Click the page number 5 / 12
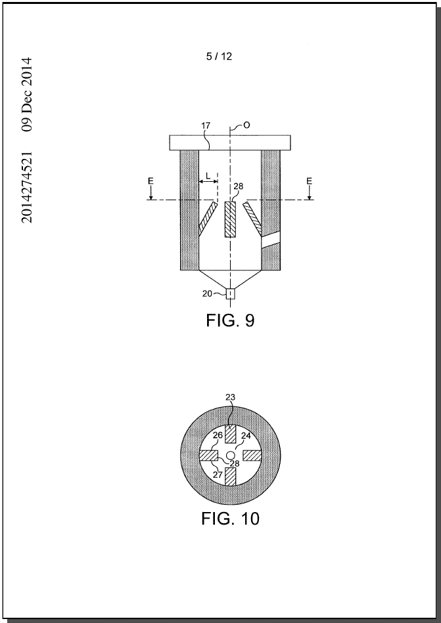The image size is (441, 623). point(219,56)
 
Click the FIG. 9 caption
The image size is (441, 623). point(230,320)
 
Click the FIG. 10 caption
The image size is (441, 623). point(230,518)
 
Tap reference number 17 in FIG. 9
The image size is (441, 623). point(206,125)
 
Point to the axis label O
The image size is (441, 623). point(246,125)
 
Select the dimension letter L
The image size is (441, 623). point(208,175)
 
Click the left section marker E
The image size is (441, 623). point(151,181)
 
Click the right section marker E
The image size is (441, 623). point(309,181)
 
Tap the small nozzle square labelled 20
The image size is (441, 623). point(231,294)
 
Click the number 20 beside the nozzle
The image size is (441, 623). point(207,293)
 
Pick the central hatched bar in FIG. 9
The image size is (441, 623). point(230,219)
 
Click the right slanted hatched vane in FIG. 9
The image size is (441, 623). point(252,217)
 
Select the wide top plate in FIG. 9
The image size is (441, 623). point(230,142)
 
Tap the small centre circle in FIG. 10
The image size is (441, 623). point(230,455)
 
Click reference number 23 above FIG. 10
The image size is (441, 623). point(230,397)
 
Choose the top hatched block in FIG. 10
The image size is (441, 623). point(231,434)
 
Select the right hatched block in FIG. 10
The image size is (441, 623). point(252,456)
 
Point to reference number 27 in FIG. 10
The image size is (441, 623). point(218,475)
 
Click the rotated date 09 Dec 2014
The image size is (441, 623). point(27,95)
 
